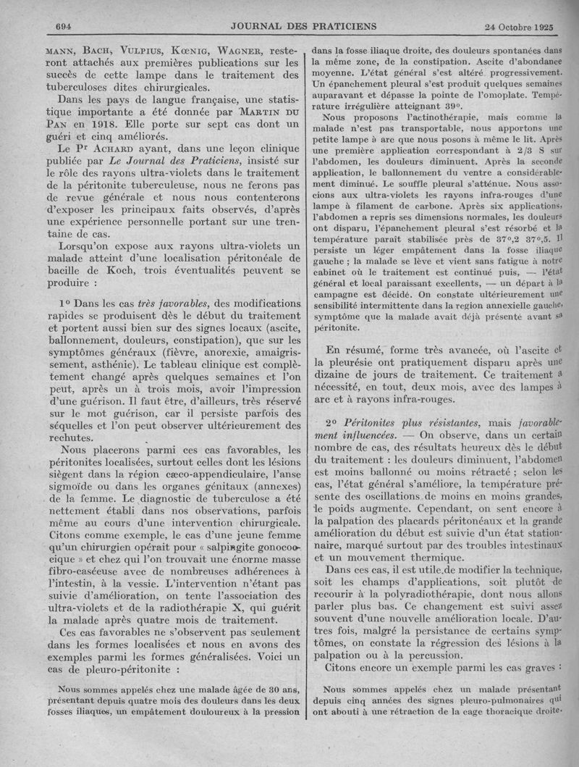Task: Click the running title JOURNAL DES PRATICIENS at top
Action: pos(304,26)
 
